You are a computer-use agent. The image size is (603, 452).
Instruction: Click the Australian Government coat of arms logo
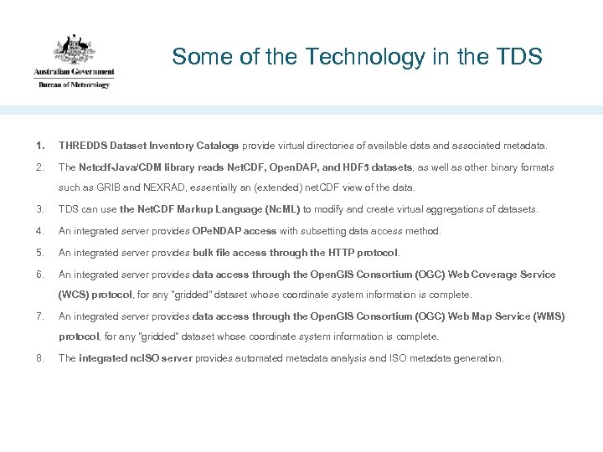pyautogui.click(x=75, y=50)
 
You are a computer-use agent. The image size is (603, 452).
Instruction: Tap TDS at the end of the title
pyautogui.click(x=520, y=57)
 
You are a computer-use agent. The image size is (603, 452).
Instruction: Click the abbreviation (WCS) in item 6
pyautogui.click(x=74, y=295)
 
